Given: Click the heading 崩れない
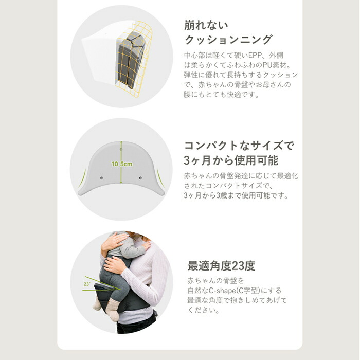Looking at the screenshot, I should (x=206, y=25).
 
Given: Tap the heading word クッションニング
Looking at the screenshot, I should (x=228, y=40).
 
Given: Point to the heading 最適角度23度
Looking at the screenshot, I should (x=221, y=266).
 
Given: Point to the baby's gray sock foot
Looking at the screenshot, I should (x=97, y=303).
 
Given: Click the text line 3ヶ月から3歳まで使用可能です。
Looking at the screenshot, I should (x=236, y=195).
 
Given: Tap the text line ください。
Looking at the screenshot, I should (x=204, y=310).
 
